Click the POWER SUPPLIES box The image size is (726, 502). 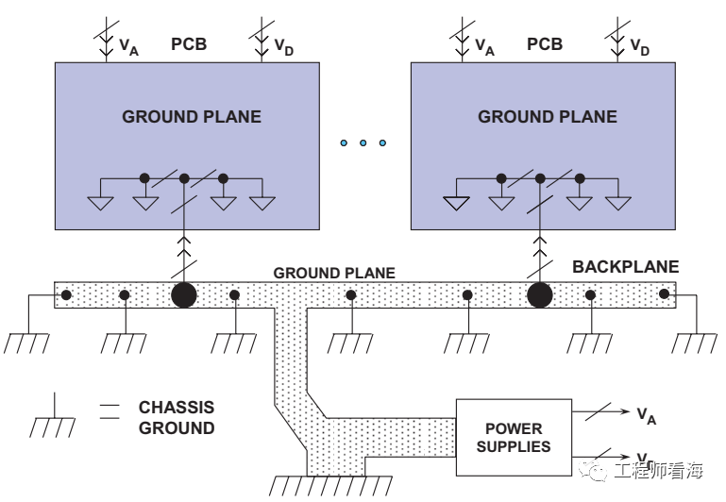513,437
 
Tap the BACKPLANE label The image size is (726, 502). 625,267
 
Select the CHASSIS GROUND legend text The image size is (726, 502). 177,418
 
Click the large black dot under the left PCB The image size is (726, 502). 184,294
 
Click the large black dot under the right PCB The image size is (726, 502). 539,294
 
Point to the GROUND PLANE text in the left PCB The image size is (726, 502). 192,117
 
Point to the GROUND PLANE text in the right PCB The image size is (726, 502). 548,117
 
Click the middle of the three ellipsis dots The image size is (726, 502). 363,143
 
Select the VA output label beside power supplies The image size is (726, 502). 647,414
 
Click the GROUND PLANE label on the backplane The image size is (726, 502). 334,273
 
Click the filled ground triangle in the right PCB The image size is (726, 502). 456,202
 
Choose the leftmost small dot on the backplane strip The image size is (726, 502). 65,294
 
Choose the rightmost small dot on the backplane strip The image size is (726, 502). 665,294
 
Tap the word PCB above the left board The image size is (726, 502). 189,43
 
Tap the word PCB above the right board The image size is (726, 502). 545,43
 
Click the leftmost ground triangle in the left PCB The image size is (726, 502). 100,202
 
